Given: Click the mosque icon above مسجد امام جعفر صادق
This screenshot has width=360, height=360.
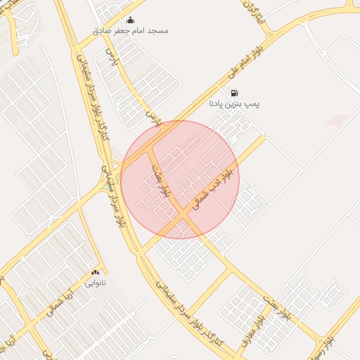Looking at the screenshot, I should pos(129,20).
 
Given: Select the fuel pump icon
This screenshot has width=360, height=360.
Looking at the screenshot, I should pos(233,92).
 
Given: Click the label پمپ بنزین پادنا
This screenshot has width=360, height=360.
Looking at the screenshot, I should pos(234,103).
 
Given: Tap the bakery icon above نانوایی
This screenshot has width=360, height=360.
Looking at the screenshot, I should pos(95,272).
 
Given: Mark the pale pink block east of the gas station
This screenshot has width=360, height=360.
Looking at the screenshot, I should pos(336,120).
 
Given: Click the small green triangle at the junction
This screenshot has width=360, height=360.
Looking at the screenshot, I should pos(105,187).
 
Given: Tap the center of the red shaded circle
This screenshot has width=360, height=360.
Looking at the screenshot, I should pos(180,179).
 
